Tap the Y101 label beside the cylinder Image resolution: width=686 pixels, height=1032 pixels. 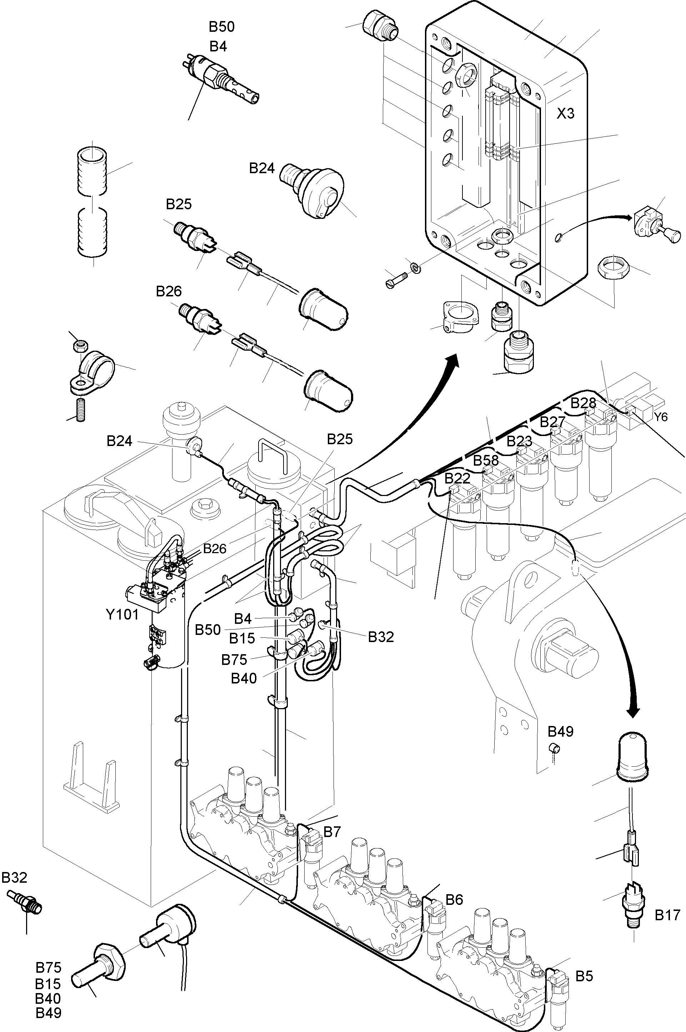tap(122, 615)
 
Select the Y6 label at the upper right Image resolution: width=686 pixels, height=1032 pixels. tap(661, 417)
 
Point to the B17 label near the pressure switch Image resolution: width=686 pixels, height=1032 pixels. tap(667, 915)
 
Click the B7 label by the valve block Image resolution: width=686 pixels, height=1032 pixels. tap(332, 832)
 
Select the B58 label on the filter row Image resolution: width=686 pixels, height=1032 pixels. tap(486, 460)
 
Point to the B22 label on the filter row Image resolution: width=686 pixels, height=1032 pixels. tap(457, 479)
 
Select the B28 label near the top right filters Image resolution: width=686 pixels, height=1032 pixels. tap(583, 402)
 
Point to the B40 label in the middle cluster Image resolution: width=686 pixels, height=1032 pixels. tap(243, 678)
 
